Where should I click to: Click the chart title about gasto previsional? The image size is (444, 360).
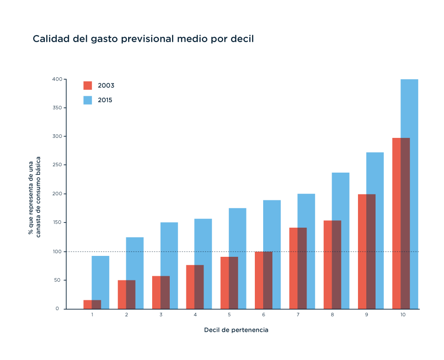point(143,39)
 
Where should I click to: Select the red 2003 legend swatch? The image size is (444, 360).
point(88,86)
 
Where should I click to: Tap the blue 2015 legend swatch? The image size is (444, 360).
point(88,100)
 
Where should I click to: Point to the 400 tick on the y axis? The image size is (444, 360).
point(57,79)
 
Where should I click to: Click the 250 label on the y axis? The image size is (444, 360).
point(57,165)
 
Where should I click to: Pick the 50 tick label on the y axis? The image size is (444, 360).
point(57,280)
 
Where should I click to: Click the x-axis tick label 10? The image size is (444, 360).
point(403,315)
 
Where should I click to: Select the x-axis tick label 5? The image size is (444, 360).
point(229,315)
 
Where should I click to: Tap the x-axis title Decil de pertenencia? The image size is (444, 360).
point(236,330)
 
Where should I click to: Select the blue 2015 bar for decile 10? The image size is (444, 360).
point(409,194)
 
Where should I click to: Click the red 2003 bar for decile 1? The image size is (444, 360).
point(92,304)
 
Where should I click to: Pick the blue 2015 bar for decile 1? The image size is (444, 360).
point(100,282)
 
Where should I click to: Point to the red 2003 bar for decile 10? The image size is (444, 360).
point(401,223)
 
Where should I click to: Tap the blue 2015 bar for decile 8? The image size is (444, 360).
point(341,241)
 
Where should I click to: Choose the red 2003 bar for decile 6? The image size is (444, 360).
point(263,280)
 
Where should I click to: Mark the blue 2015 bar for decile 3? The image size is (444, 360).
point(169,266)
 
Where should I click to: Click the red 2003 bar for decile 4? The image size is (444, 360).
point(195,287)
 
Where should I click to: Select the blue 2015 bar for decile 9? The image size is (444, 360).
point(375,230)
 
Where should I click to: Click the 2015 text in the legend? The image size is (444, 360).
point(105,100)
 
